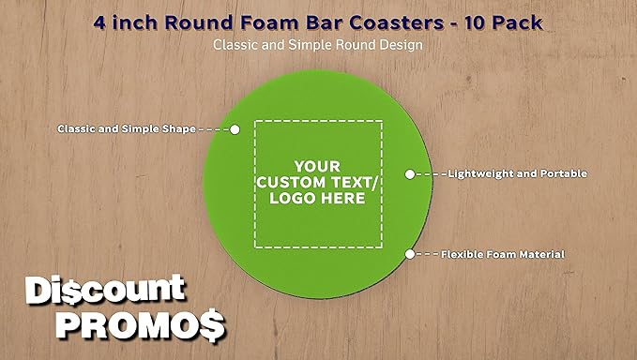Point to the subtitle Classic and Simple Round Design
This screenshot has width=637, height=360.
[x=318, y=44]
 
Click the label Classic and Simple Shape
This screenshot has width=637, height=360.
[x=127, y=128]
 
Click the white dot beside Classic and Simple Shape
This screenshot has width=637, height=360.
[x=235, y=129]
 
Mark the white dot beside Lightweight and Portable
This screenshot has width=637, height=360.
[x=409, y=174]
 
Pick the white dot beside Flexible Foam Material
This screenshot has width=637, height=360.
[x=409, y=254]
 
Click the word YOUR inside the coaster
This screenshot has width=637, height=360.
[x=318, y=163]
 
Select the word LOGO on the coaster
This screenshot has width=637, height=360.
[x=291, y=199]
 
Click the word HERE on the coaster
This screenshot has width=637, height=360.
[x=343, y=199]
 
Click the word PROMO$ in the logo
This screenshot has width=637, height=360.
[x=141, y=325]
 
